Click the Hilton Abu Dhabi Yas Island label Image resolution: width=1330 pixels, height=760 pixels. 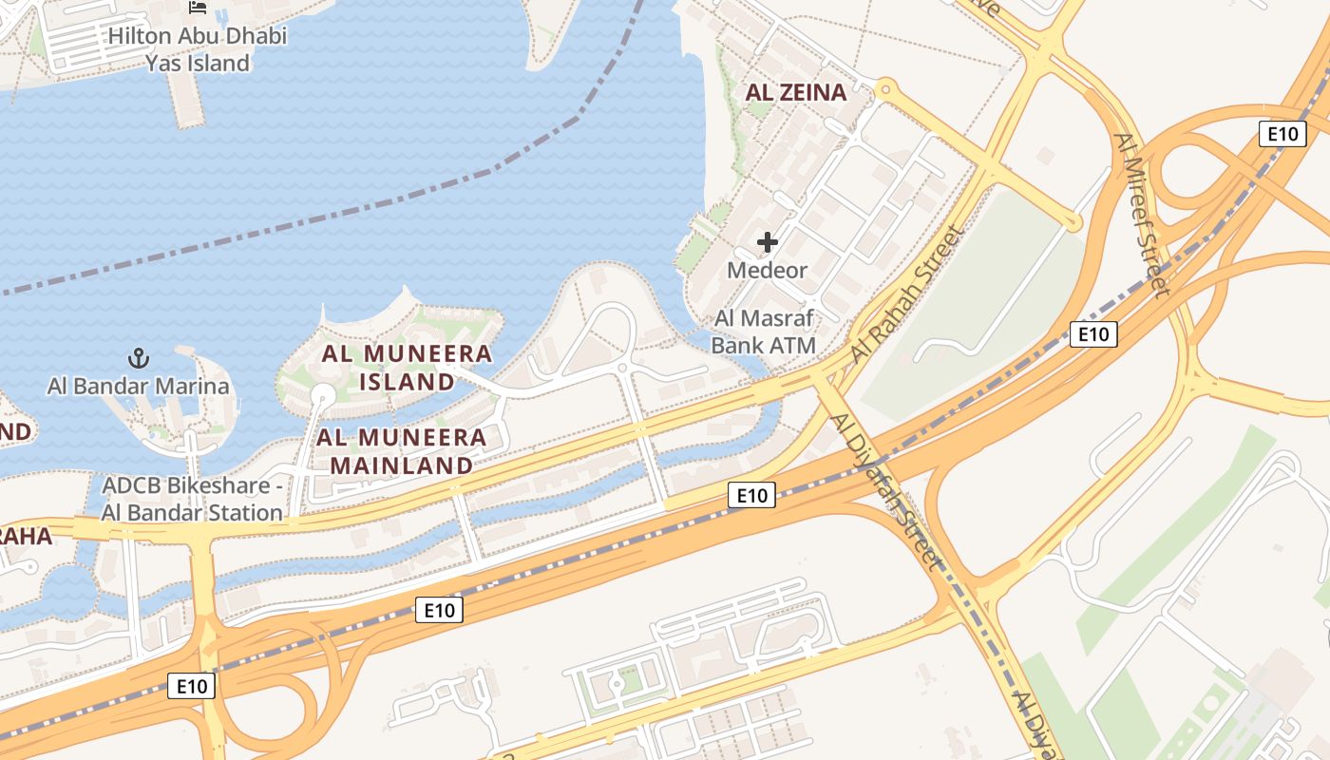pos(198,49)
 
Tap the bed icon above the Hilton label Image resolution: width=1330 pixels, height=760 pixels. pos(198,8)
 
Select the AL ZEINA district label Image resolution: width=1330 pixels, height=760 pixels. pos(796,92)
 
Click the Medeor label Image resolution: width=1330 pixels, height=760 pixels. pos(767,270)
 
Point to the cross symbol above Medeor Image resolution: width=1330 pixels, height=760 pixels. pos(767,242)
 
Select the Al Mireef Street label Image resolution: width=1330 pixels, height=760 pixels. pos(1141,215)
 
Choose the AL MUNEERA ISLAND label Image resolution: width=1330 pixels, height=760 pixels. pos(407,368)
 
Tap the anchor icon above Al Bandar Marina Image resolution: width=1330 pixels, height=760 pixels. pos(139,358)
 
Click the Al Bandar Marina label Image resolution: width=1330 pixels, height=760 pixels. pos(139,386)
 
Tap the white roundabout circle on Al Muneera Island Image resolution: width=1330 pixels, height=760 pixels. pos(323,394)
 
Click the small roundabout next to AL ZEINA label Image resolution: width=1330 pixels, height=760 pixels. pos(886,90)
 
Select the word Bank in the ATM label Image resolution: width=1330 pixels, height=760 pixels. pos(736,344)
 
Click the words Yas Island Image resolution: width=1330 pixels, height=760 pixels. pos(198,64)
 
